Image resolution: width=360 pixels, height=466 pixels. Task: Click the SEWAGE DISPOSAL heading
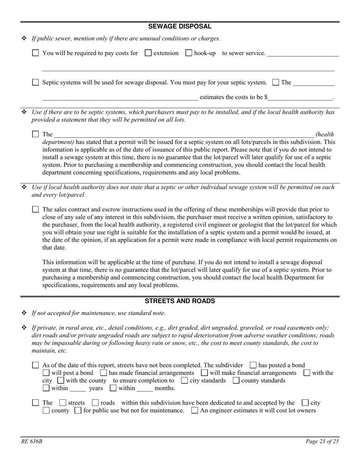coord(180,26)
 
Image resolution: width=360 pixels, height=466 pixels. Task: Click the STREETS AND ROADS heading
coord(180,301)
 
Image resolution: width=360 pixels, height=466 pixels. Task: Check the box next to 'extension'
coord(149,53)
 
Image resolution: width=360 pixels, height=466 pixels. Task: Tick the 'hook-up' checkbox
coord(189,53)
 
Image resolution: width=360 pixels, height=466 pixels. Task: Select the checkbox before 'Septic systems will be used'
coord(36,82)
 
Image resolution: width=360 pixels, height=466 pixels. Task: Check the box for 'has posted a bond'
coord(253,365)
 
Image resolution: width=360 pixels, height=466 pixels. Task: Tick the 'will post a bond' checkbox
coord(46,373)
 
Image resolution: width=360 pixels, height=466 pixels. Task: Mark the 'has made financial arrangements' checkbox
coord(103,373)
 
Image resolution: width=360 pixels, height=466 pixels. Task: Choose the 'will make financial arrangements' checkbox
coord(205,373)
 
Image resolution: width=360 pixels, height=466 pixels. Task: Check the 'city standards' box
coord(185,380)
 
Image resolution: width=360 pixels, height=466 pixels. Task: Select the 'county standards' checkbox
coord(236,380)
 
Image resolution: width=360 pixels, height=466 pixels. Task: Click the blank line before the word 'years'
coord(78,389)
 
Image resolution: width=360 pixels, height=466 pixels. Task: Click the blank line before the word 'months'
coord(145,389)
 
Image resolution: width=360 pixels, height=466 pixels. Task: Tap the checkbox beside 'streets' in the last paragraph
coord(63,403)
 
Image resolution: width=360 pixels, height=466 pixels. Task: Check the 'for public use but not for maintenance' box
coord(78,410)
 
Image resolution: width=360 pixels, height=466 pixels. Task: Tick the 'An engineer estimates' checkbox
coord(195,410)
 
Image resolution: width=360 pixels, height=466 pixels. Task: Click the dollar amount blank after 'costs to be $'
coord(300,98)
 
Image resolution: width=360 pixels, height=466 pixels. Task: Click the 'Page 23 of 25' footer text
coord(322,441)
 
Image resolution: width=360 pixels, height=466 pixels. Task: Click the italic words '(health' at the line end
coord(325,134)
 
